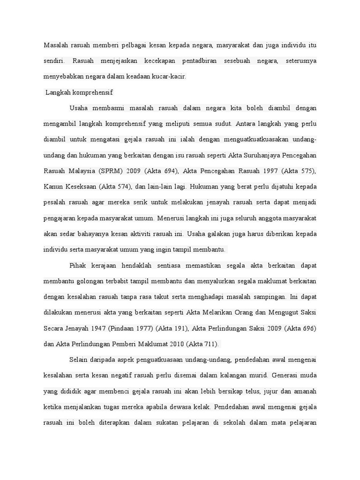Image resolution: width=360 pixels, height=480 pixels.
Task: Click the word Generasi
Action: tap(271, 375)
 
